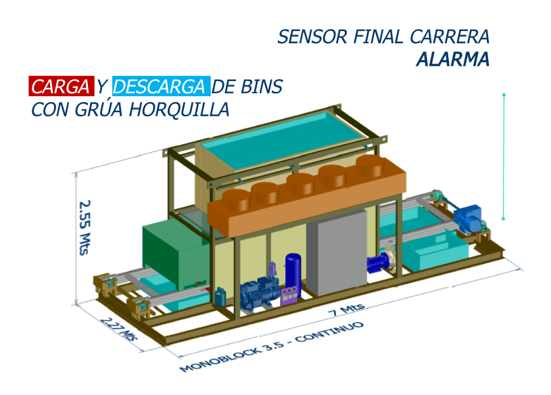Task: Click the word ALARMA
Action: coord(452,60)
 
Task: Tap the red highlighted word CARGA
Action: coord(60,87)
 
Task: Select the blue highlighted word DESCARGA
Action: coord(160,87)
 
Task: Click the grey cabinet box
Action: coord(336,254)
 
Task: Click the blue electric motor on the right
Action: coord(469,218)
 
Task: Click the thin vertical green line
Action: coord(504,156)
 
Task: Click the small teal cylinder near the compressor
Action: coord(220,296)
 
